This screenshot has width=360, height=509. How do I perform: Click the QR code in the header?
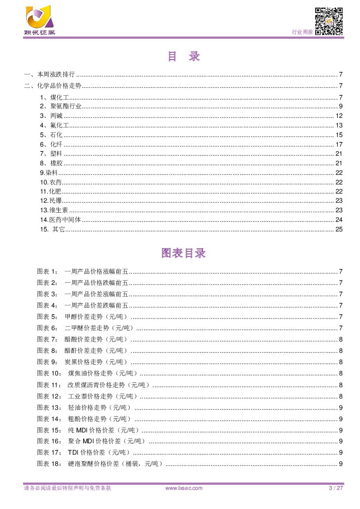pyautogui.click(x=329, y=21)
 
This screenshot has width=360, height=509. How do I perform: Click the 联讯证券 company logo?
pyautogui.click(x=39, y=20)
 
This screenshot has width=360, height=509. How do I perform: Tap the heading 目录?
pyautogui.click(x=183, y=57)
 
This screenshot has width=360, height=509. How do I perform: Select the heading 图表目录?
pyautogui.click(x=183, y=253)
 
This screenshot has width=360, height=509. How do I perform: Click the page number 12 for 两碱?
pyautogui.click(x=339, y=116)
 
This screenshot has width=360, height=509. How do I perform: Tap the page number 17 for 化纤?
pyautogui.click(x=339, y=144)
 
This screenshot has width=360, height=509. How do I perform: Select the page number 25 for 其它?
pyautogui.click(x=339, y=229)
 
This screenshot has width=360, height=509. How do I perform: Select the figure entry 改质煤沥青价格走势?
pyautogui.click(x=109, y=385)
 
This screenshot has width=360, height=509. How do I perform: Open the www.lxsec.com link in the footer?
pyautogui.click(x=184, y=488)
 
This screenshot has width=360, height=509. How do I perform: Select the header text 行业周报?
pyautogui.click(x=302, y=32)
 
